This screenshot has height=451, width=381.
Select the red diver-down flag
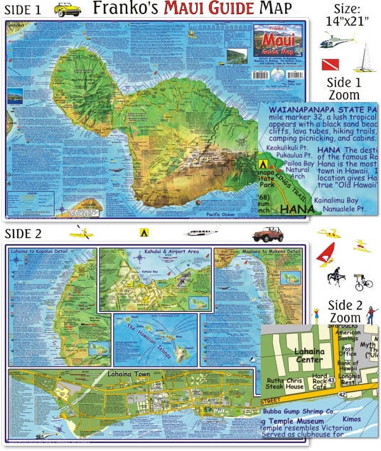coord(330,64)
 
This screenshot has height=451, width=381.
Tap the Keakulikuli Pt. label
coord(289,147)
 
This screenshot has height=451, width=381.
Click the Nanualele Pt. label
coord(344,208)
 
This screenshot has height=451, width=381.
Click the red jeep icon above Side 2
coord(268,234)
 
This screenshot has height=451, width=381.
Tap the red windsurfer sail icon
coord(326,252)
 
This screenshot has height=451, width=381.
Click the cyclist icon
coord(363,282)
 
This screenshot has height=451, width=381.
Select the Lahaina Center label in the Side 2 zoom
coord(309,355)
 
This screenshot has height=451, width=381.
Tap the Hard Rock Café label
coord(319,381)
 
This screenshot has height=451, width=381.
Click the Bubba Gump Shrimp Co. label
coord(298,412)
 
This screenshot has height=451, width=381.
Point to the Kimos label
coord(352,419)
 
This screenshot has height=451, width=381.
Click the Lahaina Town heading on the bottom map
coord(128,374)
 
